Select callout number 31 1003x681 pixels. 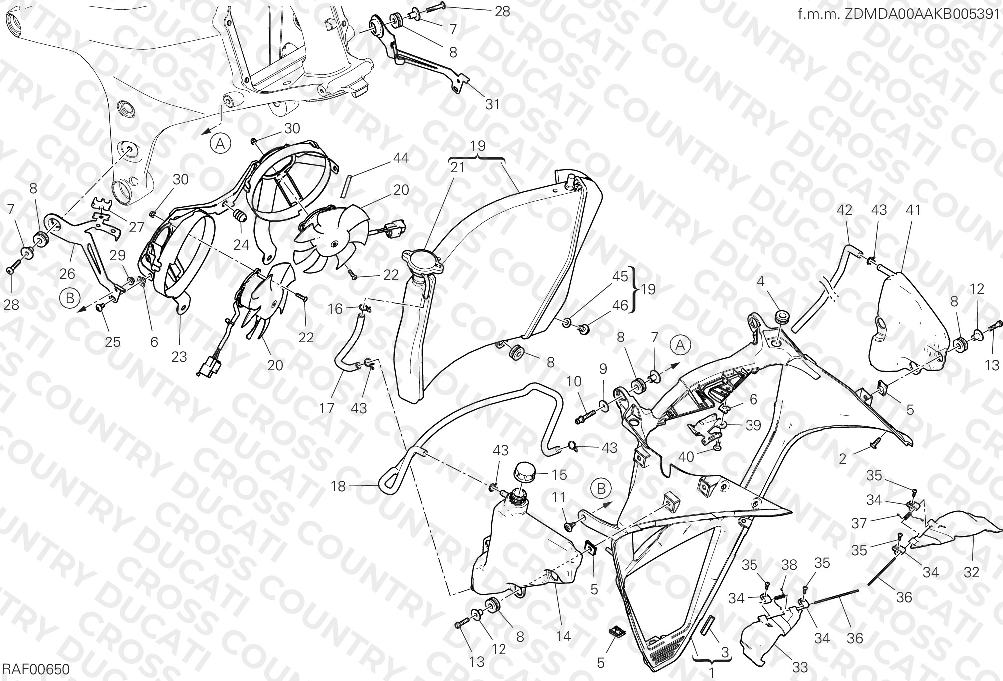[492, 104]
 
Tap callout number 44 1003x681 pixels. [401, 158]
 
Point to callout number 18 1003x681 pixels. [338, 486]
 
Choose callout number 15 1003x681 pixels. [560, 474]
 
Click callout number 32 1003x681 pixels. [971, 572]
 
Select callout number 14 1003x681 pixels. [563, 636]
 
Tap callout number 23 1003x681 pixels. [179, 356]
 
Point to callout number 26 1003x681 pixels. [67, 273]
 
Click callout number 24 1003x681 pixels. [241, 244]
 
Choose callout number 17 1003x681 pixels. [327, 408]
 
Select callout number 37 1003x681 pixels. [859, 523]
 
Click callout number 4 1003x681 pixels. [760, 282]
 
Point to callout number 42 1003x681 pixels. [844, 210]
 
